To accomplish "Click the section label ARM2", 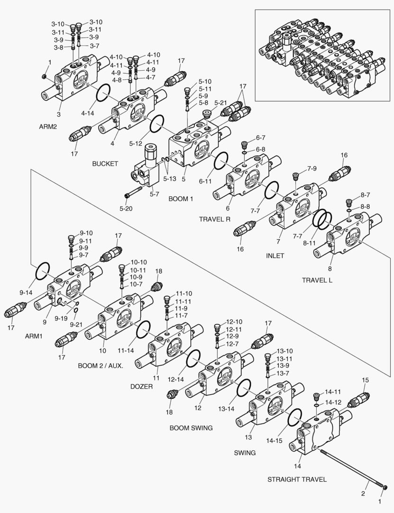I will [x=48, y=127].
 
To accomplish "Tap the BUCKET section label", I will [x=105, y=164].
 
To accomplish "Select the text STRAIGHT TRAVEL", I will [x=297, y=479].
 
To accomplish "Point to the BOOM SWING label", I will [x=191, y=428].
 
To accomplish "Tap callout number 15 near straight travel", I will [x=365, y=380].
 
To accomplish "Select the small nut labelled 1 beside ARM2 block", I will [x=44, y=76].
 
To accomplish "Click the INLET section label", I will [x=275, y=256].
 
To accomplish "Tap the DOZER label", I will [x=141, y=387].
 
